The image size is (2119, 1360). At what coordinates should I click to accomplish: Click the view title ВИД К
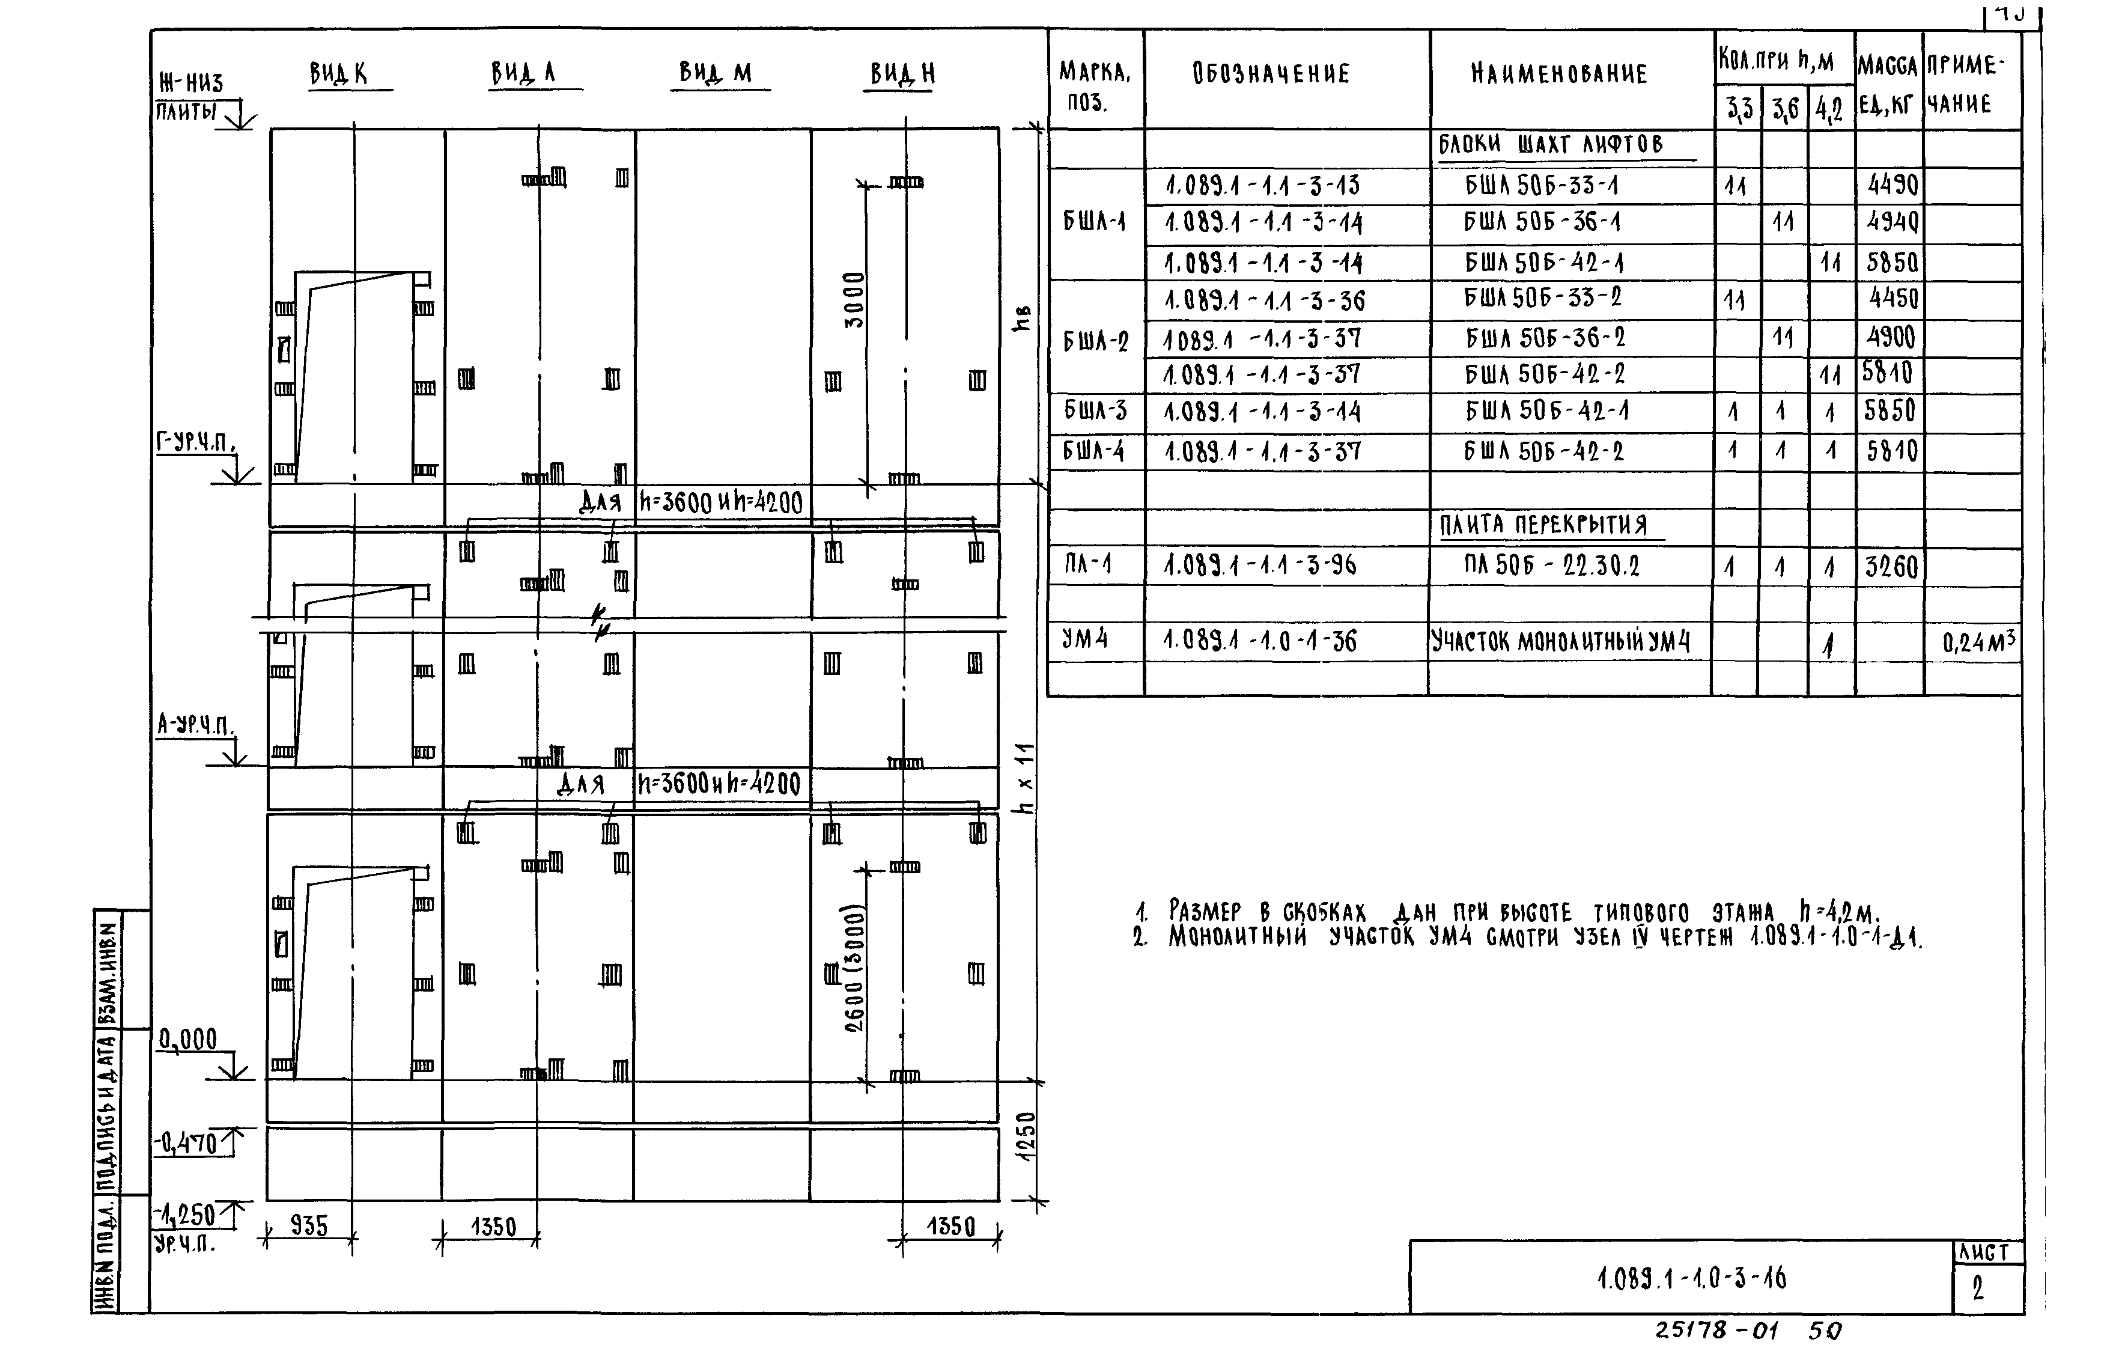338,74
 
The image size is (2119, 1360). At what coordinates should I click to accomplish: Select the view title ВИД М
715,72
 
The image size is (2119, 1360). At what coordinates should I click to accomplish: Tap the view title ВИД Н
902,74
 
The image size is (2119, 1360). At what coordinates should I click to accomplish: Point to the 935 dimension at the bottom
309,1227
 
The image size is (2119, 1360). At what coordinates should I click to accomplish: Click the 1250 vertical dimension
1027,1138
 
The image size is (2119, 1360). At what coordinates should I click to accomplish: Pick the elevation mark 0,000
188,1040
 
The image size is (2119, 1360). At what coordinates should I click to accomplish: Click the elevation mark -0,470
186,1144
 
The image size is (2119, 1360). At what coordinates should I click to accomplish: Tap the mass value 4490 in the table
1892,186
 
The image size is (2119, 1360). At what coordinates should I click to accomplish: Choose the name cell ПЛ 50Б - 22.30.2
1551,565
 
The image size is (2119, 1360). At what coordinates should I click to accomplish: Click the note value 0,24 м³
1978,642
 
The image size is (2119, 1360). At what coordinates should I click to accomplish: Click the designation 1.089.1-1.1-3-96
1260,565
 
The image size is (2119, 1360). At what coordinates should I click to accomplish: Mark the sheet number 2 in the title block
1978,1289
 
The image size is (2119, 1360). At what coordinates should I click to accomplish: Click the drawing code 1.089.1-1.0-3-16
1691,1278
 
